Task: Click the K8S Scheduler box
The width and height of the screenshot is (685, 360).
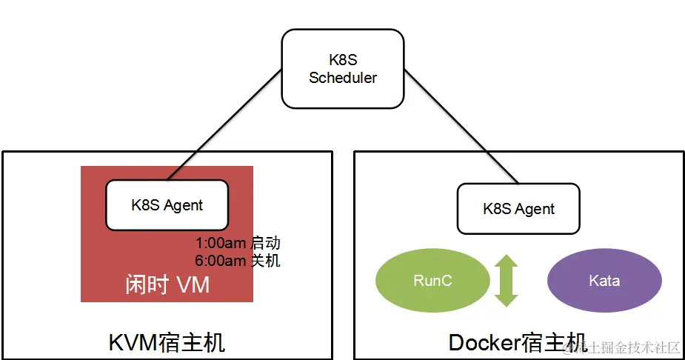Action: coord(342,67)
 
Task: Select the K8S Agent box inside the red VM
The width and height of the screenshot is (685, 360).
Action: coord(167,204)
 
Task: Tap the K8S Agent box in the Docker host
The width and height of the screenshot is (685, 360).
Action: coord(518,208)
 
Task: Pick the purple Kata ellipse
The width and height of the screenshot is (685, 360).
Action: coord(604,281)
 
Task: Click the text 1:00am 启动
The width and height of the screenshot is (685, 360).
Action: coord(238,243)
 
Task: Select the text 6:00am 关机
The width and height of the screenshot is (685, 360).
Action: coord(238,260)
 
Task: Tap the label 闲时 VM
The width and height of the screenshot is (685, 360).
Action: coord(167,284)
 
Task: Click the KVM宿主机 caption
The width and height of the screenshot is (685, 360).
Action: coord(167,342)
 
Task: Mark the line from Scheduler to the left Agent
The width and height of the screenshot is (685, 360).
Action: coord(226,124)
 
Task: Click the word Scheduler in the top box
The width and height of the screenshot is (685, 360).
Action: coord(343,77)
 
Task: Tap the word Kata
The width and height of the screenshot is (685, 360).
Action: coord(604,281)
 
